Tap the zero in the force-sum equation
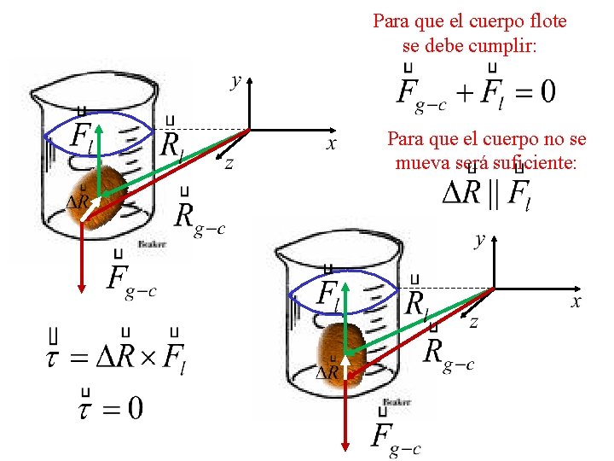pos(547,91)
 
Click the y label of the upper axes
pos(236,81)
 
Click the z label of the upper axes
pos(229,163)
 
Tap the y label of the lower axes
pos(481,240)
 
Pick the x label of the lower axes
pos(576,302)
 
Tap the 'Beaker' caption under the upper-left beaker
pos(151,243)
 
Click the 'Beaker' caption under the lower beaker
pos(397,401)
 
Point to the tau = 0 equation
pos(111,406)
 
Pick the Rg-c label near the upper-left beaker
pos(199,219)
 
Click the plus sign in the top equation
pos(467,91)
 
